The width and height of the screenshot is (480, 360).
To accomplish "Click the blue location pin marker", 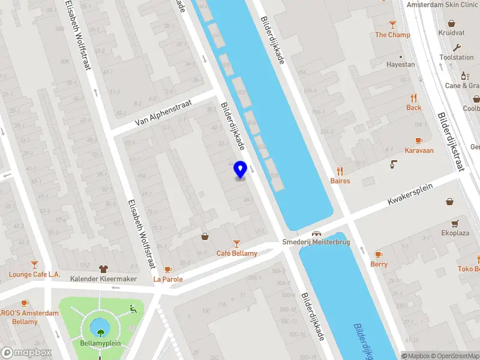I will (241, 170).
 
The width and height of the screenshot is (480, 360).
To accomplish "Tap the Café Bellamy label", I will (237, 253).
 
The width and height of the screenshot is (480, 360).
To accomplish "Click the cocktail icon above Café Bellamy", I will (237, 243).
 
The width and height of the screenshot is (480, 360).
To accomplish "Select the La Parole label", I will (168, 279).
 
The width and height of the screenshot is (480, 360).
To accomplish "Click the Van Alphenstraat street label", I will (157, 113).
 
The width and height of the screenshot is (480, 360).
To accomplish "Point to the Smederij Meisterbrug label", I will (316, 242).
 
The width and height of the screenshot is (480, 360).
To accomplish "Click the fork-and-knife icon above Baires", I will (340, 170).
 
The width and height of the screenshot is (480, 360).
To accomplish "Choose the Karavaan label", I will (419, 151).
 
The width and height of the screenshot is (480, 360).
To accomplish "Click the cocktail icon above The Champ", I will (393, 25).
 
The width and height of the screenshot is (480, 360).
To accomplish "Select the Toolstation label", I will (457, 58).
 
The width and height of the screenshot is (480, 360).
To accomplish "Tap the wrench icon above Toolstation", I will (457, 47).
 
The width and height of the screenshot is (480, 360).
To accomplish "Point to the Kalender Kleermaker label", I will (103, 279).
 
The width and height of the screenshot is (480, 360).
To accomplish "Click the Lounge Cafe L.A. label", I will (35, 274).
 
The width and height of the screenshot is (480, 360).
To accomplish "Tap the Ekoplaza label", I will (455, 233).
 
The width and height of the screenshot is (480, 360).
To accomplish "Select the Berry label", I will (379, 264).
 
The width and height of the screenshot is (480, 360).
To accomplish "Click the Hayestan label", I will (400, 64).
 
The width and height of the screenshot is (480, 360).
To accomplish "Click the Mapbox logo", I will (26, 353).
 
